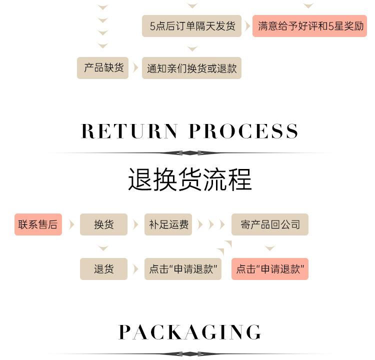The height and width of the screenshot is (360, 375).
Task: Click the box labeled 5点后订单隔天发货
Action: click(x=192, y=26)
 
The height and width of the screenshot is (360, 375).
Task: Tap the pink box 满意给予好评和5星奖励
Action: click(x=309, y=26)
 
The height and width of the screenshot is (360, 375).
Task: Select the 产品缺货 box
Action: click(x=103, y=68)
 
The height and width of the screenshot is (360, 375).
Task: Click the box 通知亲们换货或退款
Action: click(x=191, y=68)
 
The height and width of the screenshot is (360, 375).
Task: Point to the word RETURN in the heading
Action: click(x=129, y=131)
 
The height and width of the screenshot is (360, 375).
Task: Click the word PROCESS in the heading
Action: click(x=244, y=131)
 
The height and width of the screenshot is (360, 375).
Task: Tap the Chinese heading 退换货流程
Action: click(x=189, y=179)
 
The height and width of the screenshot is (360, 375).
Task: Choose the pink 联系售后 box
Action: click(x=38, y=224)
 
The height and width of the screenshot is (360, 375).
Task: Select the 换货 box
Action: click(x=103, y=224)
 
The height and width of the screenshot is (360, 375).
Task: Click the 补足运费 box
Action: click(x=169, y=224)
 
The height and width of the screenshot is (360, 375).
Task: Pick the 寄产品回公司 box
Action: click(x=270, y=224)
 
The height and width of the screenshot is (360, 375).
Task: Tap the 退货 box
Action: click(x=103, y=269)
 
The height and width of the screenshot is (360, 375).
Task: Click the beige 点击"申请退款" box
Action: click(x=183, y=269)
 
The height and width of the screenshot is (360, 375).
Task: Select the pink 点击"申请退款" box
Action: click(x=270, y=269)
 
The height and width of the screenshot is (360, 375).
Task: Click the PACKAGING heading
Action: click(x=189, y=332)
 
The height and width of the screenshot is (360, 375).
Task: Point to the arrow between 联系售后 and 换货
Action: click(x=71, y=224)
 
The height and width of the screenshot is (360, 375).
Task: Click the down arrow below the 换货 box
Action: click(x=103, y=248)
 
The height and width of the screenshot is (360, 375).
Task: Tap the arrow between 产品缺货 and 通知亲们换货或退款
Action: click(x=135, y=68)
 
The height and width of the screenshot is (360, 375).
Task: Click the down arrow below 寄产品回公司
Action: click(x=270, y=248)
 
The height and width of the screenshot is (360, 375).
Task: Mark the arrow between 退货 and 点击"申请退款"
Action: click(x=135, y=269)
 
